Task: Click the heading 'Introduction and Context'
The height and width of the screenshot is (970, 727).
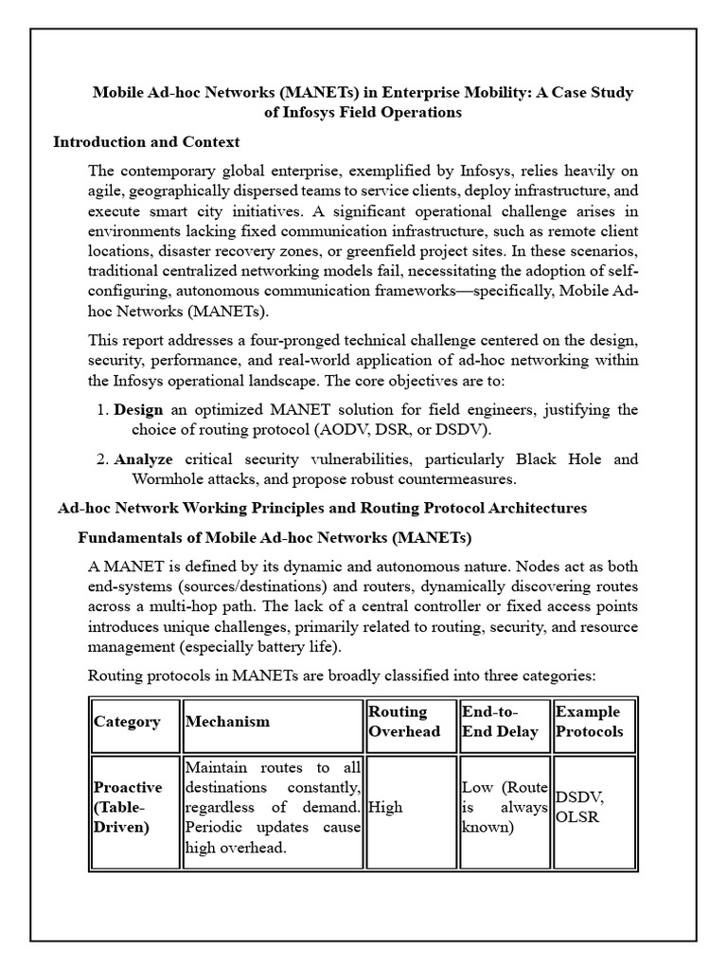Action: tap(147, 142)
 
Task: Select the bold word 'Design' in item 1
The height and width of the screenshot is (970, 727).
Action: tap(138, 410)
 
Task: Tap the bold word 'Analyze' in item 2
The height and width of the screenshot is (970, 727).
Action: tap(143, 459)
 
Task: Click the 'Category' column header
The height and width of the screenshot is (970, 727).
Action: tap(127, 722)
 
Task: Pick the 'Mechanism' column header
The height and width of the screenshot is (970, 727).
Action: tap(227, 722)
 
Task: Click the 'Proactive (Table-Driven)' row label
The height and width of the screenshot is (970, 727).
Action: tap(128, 806)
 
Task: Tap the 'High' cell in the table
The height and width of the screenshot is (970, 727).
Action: tap(384, 807)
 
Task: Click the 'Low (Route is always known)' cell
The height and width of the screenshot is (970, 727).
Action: tap(504, 807)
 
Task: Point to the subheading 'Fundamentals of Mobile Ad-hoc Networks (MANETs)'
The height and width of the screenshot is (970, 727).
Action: tap(274, 538)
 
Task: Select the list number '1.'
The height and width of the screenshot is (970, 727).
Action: tap(102, 410)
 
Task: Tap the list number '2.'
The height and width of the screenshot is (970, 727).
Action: tap(102, 459)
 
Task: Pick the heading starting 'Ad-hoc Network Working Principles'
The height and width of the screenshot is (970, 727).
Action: tap(322, 509)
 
